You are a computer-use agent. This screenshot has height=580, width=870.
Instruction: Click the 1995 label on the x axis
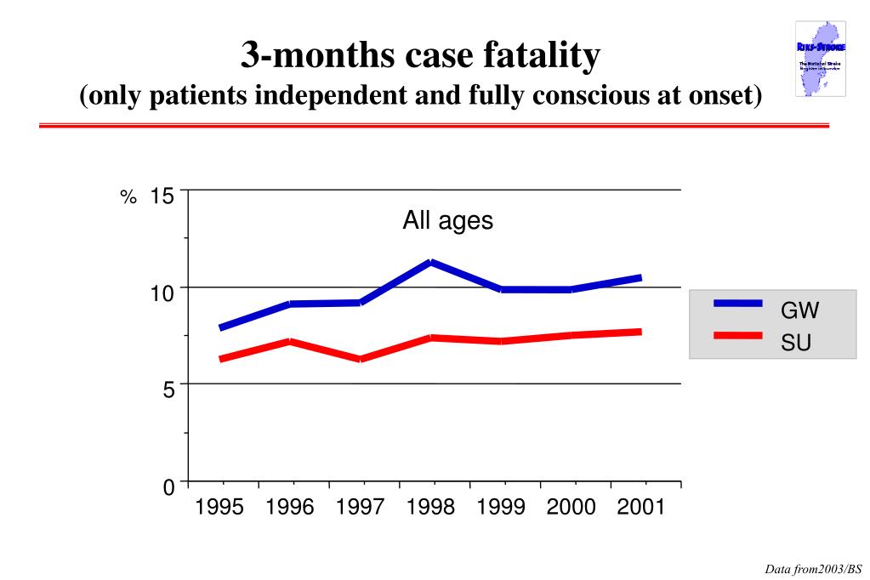tap(219, 508)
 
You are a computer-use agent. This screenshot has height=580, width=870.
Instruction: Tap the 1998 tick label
tap(430, 508)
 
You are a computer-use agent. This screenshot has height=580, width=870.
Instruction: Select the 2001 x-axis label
tap(641, 508)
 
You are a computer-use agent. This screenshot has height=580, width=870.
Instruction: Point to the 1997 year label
tap(361, 508)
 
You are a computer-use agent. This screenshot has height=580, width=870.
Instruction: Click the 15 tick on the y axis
tap(162, 196)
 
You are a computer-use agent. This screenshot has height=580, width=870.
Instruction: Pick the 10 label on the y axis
tap(162, 293)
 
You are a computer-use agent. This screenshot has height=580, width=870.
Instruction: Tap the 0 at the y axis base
tap(168, 487)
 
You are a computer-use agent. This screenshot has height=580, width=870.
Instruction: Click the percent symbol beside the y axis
tap(128, 198)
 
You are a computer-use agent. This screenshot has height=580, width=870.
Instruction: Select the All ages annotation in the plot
tap(447, 221)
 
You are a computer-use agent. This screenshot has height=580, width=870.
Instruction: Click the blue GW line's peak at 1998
tap(431, 262)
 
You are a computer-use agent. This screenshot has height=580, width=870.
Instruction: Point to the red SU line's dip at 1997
tap(361, 360)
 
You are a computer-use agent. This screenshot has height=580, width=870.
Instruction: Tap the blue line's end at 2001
tap(640, 277)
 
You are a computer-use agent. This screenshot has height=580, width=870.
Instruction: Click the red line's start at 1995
tap(220, 360)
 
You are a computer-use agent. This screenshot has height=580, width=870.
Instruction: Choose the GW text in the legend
tap(799, 310)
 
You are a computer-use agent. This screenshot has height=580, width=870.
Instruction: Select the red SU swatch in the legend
tap(737, 335)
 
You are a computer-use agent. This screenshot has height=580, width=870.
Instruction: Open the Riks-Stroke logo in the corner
tap(821, 59)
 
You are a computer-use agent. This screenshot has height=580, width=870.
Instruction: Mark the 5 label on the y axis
tap(168, 390)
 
